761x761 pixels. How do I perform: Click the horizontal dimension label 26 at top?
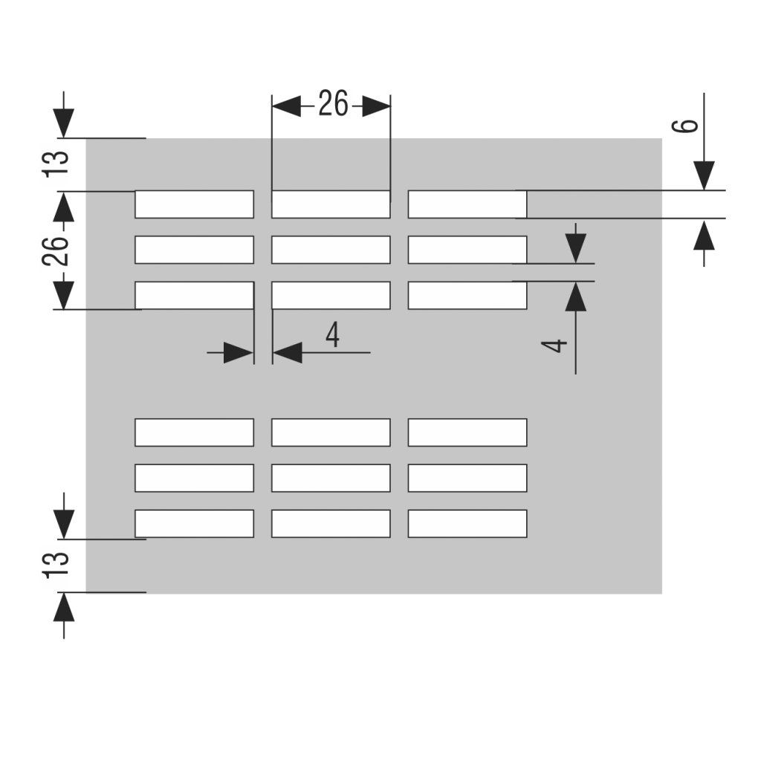point(333,105)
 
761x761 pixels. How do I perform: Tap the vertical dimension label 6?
point(689,123)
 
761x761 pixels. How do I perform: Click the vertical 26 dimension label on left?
point(56,249)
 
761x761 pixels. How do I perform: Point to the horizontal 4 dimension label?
point(332,336)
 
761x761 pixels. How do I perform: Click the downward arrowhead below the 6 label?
point(704,175)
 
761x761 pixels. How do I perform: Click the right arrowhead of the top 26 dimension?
point(376,106)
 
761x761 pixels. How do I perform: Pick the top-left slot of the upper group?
point(194,204)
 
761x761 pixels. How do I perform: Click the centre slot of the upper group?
point(331,250)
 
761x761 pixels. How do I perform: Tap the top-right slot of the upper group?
point(467,204)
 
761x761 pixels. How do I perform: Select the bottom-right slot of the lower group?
point(467,523)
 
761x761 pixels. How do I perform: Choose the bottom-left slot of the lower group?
point(194,523)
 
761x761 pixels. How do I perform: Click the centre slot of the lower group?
point(331,478)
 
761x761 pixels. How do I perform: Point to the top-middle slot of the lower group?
point(331,433)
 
